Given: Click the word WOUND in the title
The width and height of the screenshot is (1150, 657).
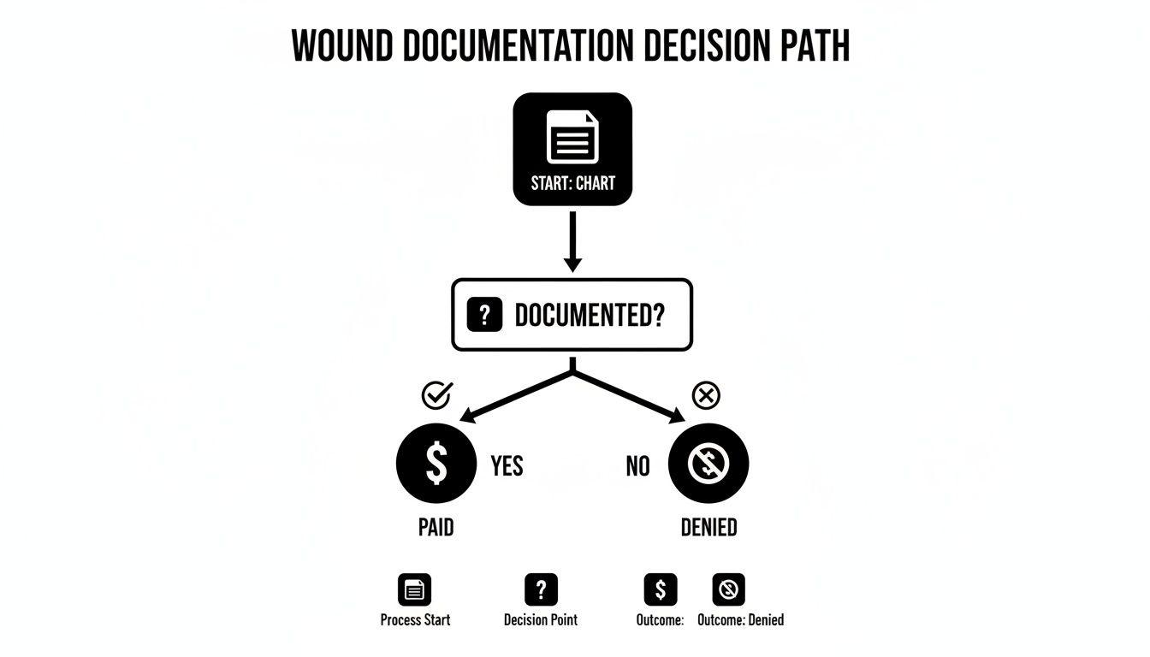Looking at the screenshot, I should pyautogui.click(x=342, y=46).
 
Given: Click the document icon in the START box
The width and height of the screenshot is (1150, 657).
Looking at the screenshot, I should pyautogui.click(x=572, y=136).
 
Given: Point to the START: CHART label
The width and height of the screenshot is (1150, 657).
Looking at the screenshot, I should pyautogui.click(x=572, y=183).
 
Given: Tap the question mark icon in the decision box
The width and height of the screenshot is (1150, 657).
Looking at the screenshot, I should pyautogui.click(x=483, y=316).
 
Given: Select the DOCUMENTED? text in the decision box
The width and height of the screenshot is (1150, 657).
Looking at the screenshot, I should pyautogui.click(x=590, y=316).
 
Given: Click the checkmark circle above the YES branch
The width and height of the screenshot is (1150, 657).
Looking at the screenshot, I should pyautogui.click(x=437, y=394).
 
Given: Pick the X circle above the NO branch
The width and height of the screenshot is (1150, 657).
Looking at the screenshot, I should pyautogui.click(x=706, y=395).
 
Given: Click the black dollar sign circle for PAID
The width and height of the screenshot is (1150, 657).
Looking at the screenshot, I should pyautogui.click(x=436, y=464).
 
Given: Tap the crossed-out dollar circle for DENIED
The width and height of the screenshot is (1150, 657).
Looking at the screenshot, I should pyautogui.click(x=708, y=464).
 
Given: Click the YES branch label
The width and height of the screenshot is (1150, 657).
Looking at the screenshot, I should pyautogui.click(x=507, y=466).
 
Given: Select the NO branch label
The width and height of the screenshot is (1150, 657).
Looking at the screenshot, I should pyautogui.click(x=637, y=466).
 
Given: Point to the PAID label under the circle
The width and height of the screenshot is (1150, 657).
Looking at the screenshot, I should pyautogui.click(x=436, y=528).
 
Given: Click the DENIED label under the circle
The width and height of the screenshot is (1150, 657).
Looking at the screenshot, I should pyautogui.click(x=708, y=528).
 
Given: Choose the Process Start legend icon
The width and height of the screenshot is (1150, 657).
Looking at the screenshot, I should pyautogui.click(x=415, y=589).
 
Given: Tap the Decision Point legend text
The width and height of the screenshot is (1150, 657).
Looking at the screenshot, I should pyautogui.click(x=541, y=620).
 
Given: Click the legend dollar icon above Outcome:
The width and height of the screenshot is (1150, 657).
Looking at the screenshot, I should pyautogui.click(x=660, y=589).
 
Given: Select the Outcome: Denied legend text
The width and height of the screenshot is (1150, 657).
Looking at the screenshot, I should pyautogui.click(x=741, y=620).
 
